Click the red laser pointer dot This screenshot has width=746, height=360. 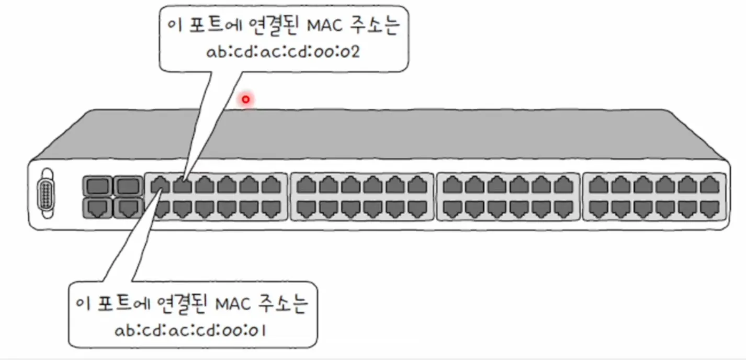pyautogui.click(x=245, y=98)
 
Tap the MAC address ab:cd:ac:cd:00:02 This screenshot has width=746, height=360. pyautogui.click(x=282, y=53)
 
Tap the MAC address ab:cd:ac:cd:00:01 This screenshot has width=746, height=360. pyautogui.click(x=190, y=330)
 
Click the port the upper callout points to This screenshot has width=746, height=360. pyautogui.click(x=183, y=185)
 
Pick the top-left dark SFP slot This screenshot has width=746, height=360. pyautogui.click(x=96, y=185)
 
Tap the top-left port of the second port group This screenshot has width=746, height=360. pyautogui.click(x=306, y=185)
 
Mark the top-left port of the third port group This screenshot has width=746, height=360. pyautogui.click(x=453, y=185)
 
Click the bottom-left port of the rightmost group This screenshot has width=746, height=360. pyautogui.click(x=598, y=209)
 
